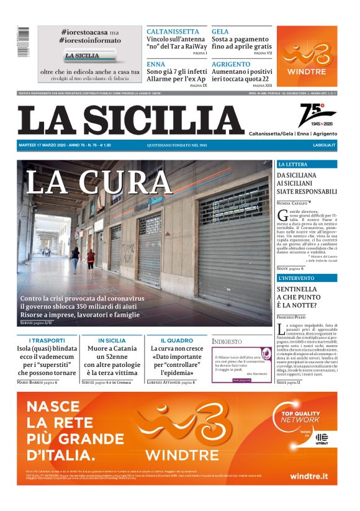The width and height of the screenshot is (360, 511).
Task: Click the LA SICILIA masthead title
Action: [x=131, y=120]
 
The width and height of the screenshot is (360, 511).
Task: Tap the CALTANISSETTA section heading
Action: [x=173, y=31]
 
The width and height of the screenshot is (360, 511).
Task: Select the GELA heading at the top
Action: [x=220, y=31]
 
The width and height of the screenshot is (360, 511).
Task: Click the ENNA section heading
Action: [x=156, y=64]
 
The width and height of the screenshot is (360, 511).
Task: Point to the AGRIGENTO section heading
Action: [x=231, y=64]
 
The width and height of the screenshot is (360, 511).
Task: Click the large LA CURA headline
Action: [x=99, y=181]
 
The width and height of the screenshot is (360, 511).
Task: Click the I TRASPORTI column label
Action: [x=47, y=341]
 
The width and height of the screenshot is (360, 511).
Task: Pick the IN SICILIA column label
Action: [x=111, y=341]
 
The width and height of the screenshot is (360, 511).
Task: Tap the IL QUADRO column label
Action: [x=176, y=341]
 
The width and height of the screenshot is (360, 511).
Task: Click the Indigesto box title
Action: [x=227, y=341]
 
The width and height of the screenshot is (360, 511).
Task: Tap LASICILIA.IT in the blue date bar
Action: [x=324, y=145]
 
